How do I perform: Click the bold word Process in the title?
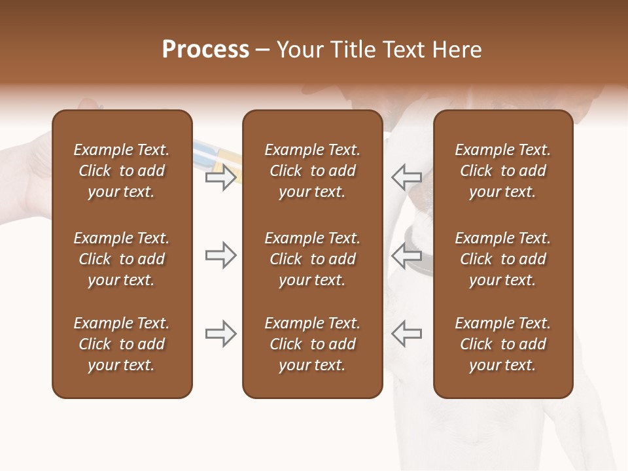pyautogui.click(x=205, y=50)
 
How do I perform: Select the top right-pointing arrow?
pyautogui.click(x=220, y=177)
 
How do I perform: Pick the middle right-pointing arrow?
pyautogui.click(x=220, y=255)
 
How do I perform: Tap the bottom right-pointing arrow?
pyautogui.click(x=220, y=334)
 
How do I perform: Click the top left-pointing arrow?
pyautogui.click(x=406, y=177)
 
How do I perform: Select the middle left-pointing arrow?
pyautogui.click(x=406, y=255)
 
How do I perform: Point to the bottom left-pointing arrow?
pyautogui.click(x=406, y=334)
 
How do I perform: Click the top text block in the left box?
pyautogui.click(x=122, y=171)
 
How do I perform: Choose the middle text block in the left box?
pyautogui.click(x=122, y=259)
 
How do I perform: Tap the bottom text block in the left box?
pyautogui.click(x=122, y=344)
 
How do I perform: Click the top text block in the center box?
pyautogui.click(x=312, y=171)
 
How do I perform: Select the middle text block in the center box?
pyautogui.click(x=312, y=259)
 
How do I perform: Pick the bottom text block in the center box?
pyautogui.click(x=312, y=344)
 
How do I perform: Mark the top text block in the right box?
pyautogui.click(x=502, y=171)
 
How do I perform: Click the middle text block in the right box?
pyautogui.click(x=502, y=259)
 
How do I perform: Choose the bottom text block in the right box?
pyautogui.click(x=502, y=344)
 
